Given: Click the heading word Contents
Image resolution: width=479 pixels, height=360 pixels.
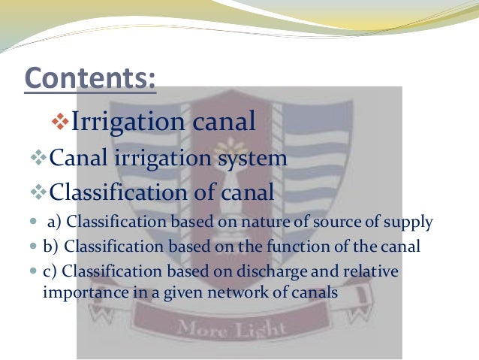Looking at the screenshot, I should point(90,78).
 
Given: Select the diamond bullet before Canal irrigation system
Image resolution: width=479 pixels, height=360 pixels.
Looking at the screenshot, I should point(39,159).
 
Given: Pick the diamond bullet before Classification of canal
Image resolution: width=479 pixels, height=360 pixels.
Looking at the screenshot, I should point(39,193).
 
